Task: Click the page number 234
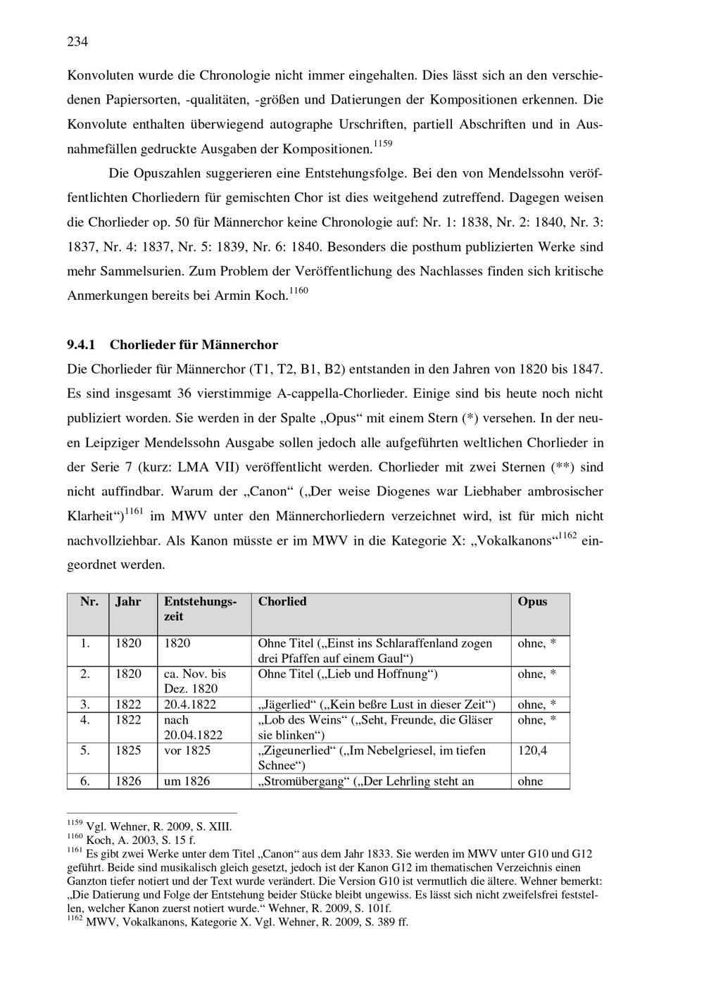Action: pos(77,42)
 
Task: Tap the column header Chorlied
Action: pos(282,602)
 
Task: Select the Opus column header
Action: pos(532,602)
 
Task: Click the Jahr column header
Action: pos(128,602)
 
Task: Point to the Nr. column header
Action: pos(89,602)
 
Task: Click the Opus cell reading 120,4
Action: pos(532,750)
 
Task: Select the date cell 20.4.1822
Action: pos(190,705)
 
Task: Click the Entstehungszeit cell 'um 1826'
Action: pos(187,781)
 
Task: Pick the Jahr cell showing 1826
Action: pos(128,781)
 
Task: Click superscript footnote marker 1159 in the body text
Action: pos(382,144)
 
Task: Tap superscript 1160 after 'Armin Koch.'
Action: pos(298,290)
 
